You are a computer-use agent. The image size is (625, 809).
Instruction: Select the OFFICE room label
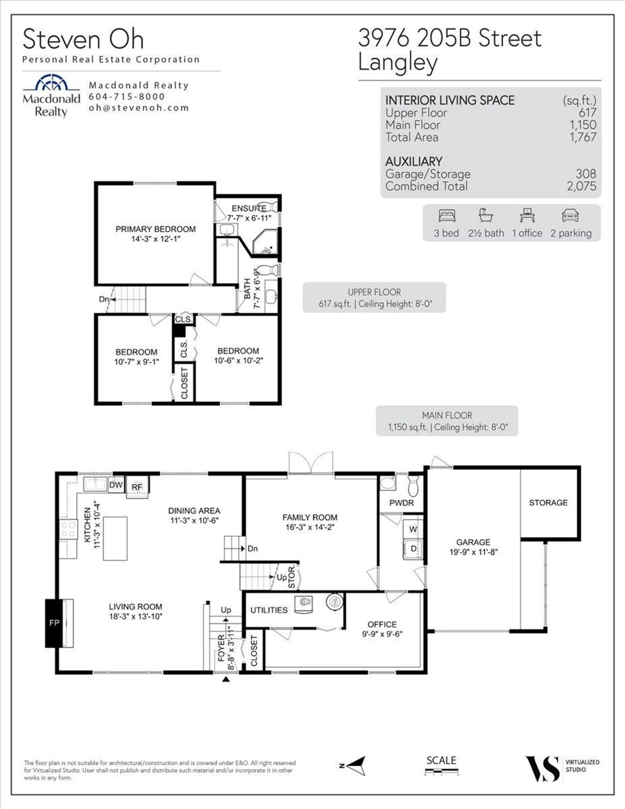coord(382,624)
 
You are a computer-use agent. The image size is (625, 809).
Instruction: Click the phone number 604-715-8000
coord(127,97)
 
